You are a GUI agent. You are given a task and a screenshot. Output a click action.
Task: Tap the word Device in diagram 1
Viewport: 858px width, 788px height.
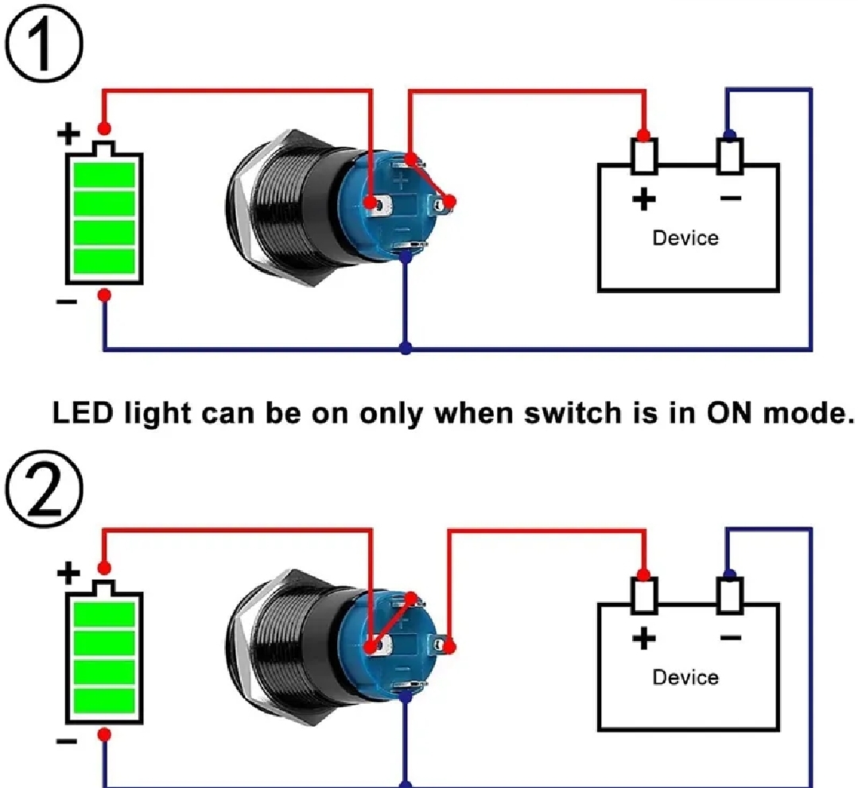coord(685,238)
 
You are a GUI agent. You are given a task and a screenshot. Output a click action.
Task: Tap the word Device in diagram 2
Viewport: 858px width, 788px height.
coord(685,678)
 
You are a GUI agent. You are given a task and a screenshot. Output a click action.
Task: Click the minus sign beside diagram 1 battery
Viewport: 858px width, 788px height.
coord(68,303)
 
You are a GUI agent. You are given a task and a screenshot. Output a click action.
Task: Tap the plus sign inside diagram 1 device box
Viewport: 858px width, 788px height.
coord(643,199)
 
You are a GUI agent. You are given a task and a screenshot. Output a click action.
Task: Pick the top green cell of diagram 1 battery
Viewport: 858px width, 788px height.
coord(103,172)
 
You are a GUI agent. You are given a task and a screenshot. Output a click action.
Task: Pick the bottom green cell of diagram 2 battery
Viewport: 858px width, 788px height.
coord(103,701)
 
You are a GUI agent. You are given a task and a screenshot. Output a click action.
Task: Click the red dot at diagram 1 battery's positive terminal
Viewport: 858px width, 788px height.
coord(103,129)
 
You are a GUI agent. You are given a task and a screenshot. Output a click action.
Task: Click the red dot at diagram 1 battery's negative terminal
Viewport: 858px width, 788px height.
coord(103,295)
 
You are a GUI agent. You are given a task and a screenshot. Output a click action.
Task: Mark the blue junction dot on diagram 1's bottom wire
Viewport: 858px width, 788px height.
coord(406,349)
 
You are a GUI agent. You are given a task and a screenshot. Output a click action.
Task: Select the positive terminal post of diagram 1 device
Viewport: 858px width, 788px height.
coord(644,155)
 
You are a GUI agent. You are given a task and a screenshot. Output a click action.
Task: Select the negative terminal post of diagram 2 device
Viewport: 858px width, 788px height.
coord(730,596)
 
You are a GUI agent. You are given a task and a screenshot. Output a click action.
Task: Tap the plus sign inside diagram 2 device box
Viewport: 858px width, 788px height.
coord(643,638)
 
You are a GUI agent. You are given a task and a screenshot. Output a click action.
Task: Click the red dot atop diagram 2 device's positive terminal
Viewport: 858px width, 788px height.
coord(644,575)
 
